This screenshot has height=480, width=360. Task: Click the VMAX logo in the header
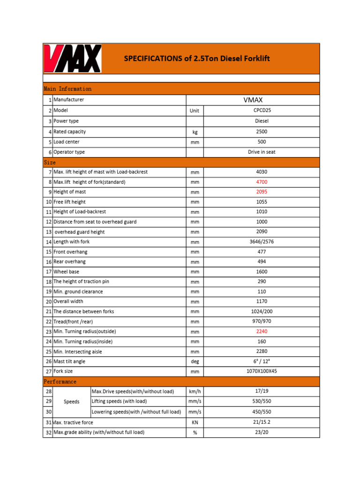[73, 59]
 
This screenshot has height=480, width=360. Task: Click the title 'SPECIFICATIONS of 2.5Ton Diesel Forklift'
[196, 59]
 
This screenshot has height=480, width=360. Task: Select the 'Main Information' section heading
[67, 89]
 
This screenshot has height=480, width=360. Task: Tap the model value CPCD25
[262, 111]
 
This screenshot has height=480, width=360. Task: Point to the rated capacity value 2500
[262, 132]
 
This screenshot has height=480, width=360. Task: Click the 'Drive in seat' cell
[262, 152]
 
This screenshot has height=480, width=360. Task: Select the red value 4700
[262, 182]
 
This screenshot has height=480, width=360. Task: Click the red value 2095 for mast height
[262, 192]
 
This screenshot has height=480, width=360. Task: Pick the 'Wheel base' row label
[66, 271]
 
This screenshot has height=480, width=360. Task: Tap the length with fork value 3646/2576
[262, 242]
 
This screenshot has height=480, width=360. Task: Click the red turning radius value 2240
[262, 331]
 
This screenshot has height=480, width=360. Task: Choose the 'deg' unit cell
[195, 362]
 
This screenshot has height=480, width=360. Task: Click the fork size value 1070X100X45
[262, 371]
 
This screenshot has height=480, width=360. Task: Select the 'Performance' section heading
[60, 382]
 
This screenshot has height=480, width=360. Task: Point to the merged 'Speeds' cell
[71, 402]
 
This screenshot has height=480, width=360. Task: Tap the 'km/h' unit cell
[195, 392]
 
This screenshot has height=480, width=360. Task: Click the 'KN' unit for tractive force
[195, 422]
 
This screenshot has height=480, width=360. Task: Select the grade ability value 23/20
[262, 432]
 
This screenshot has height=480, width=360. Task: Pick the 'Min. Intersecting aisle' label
[77, 352]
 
